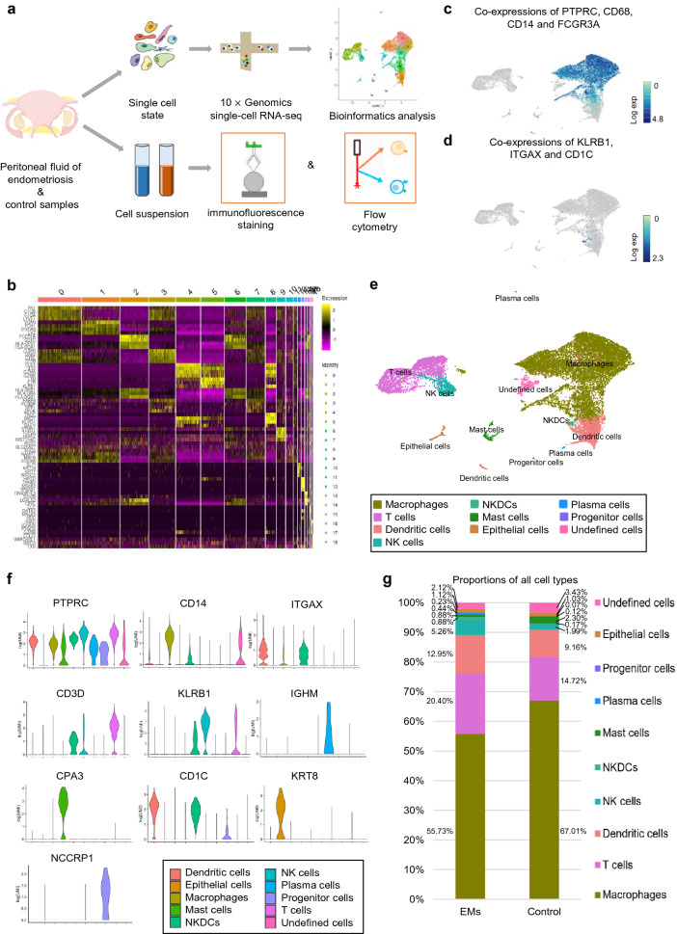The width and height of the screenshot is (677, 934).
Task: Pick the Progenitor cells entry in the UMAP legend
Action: (617, 510)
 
